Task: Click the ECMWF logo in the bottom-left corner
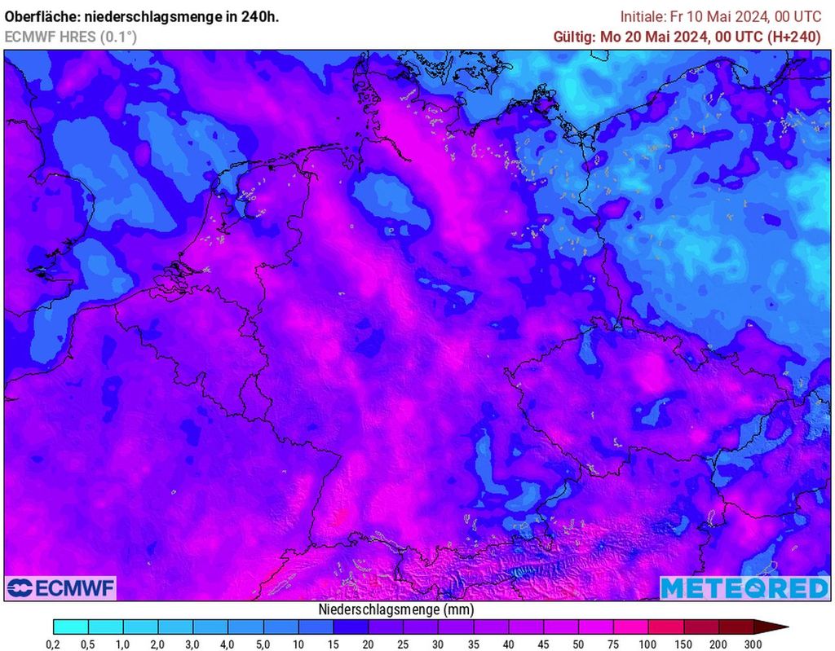(x=61, y=587)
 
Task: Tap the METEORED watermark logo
(x=744, y=587)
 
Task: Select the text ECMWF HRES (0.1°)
(x=71, y=37)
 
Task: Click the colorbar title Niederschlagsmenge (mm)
(x=395, y=609)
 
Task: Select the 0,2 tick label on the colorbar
(x=54, y=644)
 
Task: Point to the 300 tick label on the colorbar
(x=753, y=644)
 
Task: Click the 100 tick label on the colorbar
(x=648, y=644)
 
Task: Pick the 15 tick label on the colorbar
(x=334, y=644)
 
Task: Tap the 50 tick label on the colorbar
(x=578, y=644)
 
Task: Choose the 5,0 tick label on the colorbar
(x=263, y=644)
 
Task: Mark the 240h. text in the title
(x=261, y=17)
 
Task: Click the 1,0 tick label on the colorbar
(x=124, y=644)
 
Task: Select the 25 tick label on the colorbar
(x=404, y=644)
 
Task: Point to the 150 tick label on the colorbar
(x=683, y=644)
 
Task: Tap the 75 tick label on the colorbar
(x=613, y=644)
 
